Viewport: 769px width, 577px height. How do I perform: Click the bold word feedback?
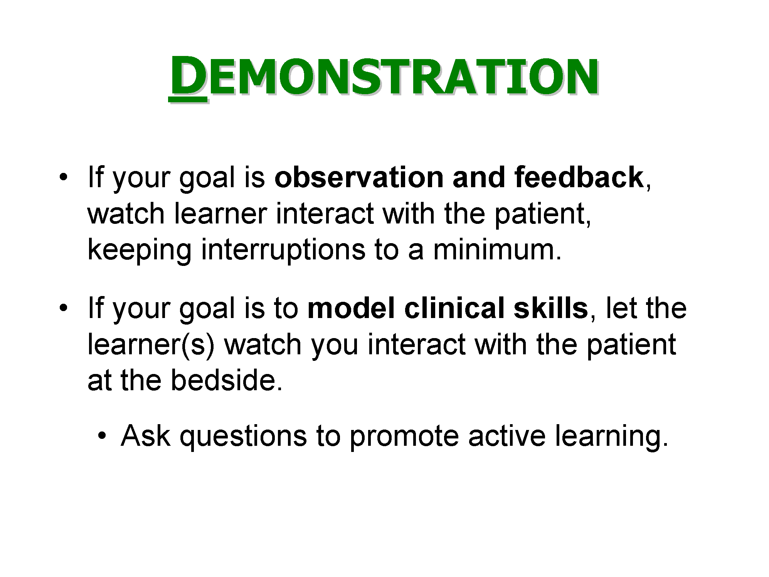click(578, 178)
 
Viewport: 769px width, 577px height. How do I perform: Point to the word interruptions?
click(283, 250)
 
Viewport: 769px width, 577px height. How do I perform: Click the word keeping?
click(140, 250)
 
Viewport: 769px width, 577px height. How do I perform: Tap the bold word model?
click(351, 308)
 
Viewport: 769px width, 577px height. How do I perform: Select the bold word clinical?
click(454, 308)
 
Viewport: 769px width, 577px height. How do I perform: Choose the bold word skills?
click(550, 308)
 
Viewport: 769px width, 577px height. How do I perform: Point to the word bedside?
click(227, 381)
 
